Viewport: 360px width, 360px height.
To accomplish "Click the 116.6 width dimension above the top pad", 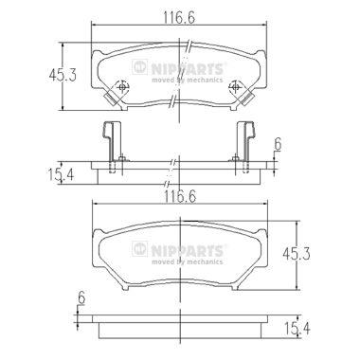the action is pos(179,18).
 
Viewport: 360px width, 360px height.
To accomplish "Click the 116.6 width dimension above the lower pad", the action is pos(180,197).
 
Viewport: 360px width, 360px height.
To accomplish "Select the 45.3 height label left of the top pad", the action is pos(63,76).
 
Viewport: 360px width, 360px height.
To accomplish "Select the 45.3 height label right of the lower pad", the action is pos(297,254).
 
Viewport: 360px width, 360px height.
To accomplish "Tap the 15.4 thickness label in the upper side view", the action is pos(61,174).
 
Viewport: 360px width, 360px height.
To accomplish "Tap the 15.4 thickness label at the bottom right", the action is pos(297,329).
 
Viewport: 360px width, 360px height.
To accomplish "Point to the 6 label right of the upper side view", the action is pos(278,145).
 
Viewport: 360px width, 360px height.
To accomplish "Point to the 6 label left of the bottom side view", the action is pos(81,297).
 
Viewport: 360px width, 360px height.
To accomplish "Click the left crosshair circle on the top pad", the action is pos(122,86).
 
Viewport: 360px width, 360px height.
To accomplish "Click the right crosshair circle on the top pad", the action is pos(235,86).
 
